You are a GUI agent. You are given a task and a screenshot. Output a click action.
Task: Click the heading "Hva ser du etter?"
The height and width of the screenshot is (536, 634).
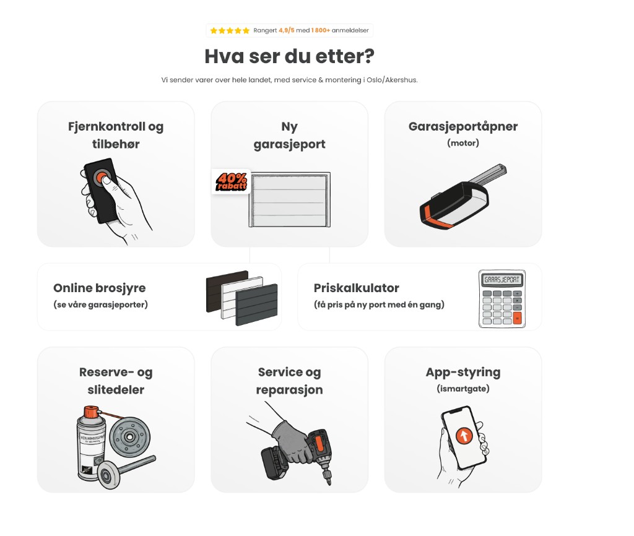point(289,56)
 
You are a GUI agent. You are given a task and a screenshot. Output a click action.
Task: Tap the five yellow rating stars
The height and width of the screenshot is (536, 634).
point(230,30)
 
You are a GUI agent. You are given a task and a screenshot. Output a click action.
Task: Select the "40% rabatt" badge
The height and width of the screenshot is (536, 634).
point(231,181)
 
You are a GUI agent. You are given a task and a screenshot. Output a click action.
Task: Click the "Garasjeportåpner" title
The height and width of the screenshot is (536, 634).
point(462,126)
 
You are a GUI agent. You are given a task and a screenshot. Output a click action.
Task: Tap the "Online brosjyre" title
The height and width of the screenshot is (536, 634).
point(100,288)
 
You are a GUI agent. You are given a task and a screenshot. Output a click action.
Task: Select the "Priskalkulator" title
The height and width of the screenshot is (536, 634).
point(356,288)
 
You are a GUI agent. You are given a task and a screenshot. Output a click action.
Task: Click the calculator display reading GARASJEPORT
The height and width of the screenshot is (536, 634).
point(502,279)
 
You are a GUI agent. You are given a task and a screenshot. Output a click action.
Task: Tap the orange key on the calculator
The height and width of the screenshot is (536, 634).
point(517,318)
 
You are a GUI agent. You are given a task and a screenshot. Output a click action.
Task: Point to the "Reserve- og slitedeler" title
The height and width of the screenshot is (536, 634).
point(116,381)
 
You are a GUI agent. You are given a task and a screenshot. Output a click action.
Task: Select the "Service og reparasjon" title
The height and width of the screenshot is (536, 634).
point(289,381)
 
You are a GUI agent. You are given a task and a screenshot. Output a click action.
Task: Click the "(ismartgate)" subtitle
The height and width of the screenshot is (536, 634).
point(462,388)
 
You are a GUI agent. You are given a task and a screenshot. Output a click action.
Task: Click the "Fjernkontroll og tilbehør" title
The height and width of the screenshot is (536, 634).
point(116,135)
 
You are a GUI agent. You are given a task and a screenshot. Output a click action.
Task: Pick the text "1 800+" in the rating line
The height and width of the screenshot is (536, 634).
point(321,30)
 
